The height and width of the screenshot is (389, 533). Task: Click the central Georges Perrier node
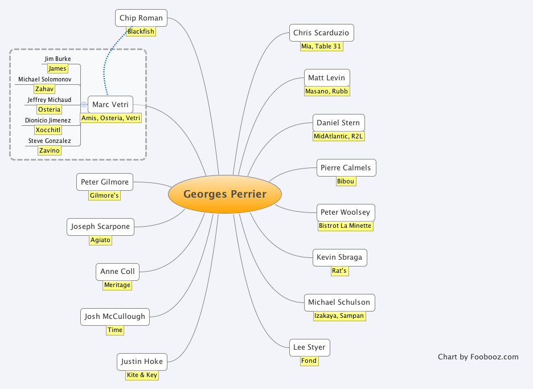pyautogui.click(x=225, y=194)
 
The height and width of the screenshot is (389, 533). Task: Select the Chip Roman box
pyautogui.click(x=141, y=18)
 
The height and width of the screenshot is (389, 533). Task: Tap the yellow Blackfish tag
pyautogui.click(x=141, y=31)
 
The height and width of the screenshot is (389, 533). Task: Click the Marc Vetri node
pyautogui.click(x=110, y=104)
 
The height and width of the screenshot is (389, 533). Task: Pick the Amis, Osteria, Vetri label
pyautogui.click(x=110, y=118)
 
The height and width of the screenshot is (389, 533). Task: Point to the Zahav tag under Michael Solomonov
pyautogui.click(x=44, y=89)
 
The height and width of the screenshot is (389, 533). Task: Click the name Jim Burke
pyautogui.click(x=58, y=59)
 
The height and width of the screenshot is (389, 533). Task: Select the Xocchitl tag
pyautogui.click(x=48, y=130)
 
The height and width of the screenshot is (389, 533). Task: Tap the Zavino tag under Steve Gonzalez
pyautogui.click(x=50, y=150)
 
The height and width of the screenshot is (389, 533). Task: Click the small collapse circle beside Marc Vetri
pyautogui.click(x=84, y=104)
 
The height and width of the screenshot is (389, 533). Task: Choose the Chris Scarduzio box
pyautogui.click(x=321, y=32)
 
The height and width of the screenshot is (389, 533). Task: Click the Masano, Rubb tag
pyautogui.click(x=327, y=91)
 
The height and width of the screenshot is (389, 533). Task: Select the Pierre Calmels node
pyautogui.click(x=346, y=168)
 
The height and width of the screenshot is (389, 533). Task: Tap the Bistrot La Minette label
pyautogui.click(x=346, y=226)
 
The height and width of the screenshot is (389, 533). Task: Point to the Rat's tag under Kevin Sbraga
pyautogui.click(x=339, y=271)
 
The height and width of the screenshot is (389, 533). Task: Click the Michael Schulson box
pyautogui.click(x=339, y=302)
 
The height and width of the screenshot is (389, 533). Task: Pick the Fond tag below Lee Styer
pyautogui.click(x=309, y=361)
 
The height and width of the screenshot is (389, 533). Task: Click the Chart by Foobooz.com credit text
pyautogui.click(x=478, y=357)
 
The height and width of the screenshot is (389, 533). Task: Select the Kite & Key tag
pyautogui.click(x=142, y=375)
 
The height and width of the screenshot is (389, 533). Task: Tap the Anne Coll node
pyautogui.click(x=117, y=272)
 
